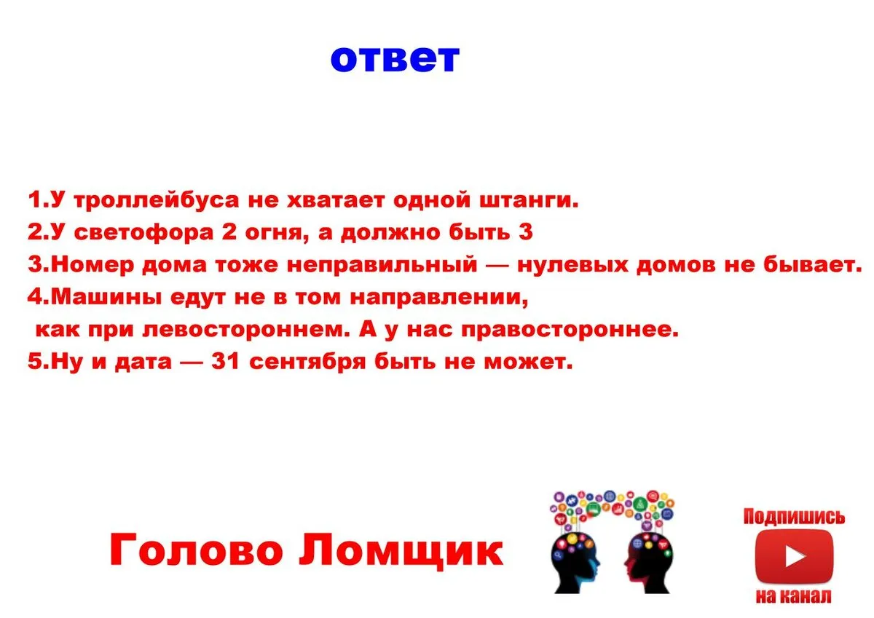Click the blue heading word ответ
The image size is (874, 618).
pyautogui.click(x=395, y=59)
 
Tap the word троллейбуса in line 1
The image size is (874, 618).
pyautogui.click(x=156, y=200)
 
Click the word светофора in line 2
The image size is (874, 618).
pyautogui.click(x=143, y=233)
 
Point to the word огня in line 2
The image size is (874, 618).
pyautogui.click(x=274, y=233)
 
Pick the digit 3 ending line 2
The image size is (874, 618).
pyautogui.click(x=526, y=231)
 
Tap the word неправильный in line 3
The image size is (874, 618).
pyautogui.click(x=382, y=265)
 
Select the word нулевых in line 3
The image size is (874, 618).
pyautogui.click(x=572, y=265)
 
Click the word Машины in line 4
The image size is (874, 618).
pyautogui.click(x=106, y=297)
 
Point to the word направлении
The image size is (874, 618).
pyautogui.click(x=438, y=298)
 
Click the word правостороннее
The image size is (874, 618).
pyautogui.click(x=570, y=330)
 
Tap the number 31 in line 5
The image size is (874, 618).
pyautogui.click(x=225, y=361)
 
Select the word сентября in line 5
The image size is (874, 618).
pyautogui.click(x=307, y=362)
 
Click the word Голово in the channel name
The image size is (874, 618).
pyautogui.click(x=196, y=550)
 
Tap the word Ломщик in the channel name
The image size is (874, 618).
pyautogui.click(x=401, y=550)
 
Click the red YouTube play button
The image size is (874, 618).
pyautogui.click(x=794, y=556)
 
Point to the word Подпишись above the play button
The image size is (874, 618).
pyautogui.click(x=794, y=518)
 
